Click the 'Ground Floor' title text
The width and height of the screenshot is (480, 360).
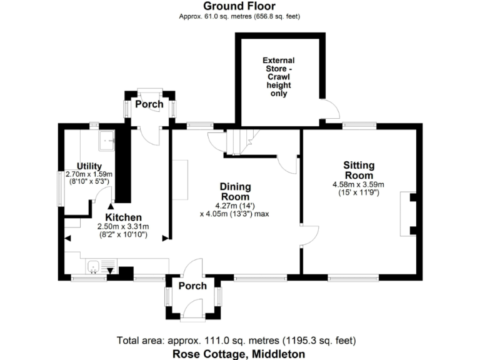pos(239,6)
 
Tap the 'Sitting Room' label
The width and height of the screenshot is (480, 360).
pos(359,170)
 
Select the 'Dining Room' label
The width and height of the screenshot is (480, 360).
pos(235,191)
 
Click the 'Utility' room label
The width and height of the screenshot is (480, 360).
pos(89,166)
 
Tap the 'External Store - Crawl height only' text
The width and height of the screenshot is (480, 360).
pos(279,76)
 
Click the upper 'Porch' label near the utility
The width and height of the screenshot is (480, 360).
pos(149,104)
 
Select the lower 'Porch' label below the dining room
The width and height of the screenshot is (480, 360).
pos(192,286)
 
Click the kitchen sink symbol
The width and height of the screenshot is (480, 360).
pos(94,267)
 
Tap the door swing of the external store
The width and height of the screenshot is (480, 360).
pos(326,109)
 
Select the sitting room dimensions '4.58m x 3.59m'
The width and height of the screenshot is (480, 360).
pos(359,184)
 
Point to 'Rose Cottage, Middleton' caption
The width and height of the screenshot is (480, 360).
pos(239,354)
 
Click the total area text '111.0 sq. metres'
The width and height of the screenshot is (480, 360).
pos(236,341)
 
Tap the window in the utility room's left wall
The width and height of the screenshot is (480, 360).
pos(60,187)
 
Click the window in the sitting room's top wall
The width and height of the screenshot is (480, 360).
pos(358,125)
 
